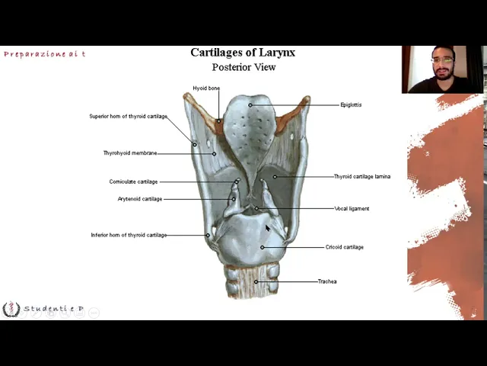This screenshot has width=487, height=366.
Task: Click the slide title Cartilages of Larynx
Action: coord(243,53)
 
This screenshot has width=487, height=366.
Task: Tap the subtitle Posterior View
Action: coord(243,67)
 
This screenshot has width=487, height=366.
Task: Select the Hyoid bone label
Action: coord(206,88)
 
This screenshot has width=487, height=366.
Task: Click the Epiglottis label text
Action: coord(351,105)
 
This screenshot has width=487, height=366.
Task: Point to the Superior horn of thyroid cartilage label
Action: coord(128,117)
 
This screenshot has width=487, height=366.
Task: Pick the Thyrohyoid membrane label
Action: coord(130,153)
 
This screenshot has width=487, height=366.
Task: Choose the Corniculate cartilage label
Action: coord(133,182)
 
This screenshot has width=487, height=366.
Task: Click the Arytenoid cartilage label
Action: coord(140,199)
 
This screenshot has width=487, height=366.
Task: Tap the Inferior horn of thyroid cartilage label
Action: coord(129,235)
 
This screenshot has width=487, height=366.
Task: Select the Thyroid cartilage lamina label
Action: coord(362,177)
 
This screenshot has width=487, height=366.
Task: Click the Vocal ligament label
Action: coord(352,209)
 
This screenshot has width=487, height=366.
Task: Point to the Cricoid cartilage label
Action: coord(345,247)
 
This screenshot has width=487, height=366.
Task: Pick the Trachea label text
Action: coord(327,281)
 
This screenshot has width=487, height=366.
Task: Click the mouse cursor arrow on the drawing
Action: coord(267,227)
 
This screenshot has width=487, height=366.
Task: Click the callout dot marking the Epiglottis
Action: coord(250,105)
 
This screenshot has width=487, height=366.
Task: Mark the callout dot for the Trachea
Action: coord(256,281)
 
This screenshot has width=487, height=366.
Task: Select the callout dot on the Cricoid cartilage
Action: coord(263,247)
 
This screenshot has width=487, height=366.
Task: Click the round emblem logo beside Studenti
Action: coord(11,309)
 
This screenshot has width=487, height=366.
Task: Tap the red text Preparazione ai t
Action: coord(44,54)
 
